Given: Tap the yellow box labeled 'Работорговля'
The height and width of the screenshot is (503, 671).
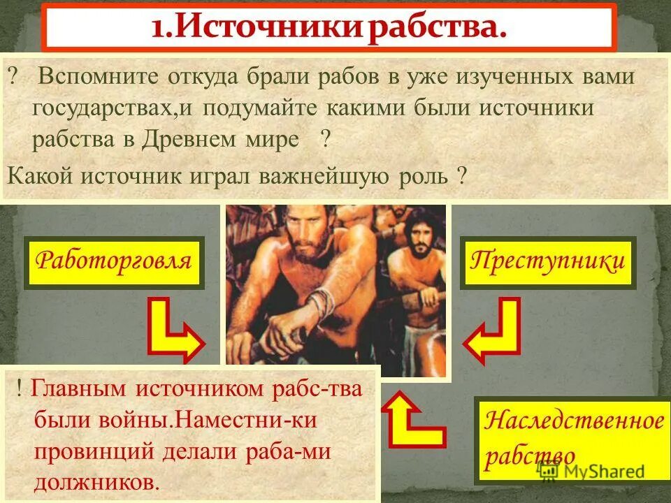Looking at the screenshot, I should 113,262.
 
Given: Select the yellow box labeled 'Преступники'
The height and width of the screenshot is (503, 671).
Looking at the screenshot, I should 547,262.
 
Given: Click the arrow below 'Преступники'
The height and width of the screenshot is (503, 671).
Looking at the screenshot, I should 492,329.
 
